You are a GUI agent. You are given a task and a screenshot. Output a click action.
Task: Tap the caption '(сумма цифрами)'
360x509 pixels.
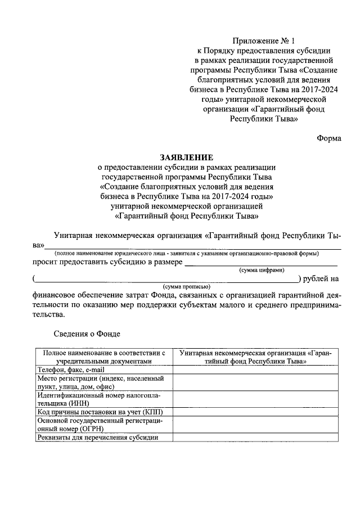pyautogui.click(x=262, y=270)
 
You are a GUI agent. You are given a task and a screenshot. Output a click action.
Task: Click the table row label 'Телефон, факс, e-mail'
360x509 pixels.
pyautogui.click(x=71, y=370)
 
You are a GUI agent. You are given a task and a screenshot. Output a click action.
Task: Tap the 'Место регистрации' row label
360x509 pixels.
pyautogui.click(x=101, y=382)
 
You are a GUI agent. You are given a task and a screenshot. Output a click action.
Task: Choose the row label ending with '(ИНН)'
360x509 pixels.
pyautogui.click(x=101, y=399)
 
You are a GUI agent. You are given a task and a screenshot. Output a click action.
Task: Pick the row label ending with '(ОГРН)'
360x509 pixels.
pyautogui.click(x=101, y=425)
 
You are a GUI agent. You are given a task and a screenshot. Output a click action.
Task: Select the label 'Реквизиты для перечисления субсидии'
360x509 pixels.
pyautogui.click(x=97, y=438)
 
